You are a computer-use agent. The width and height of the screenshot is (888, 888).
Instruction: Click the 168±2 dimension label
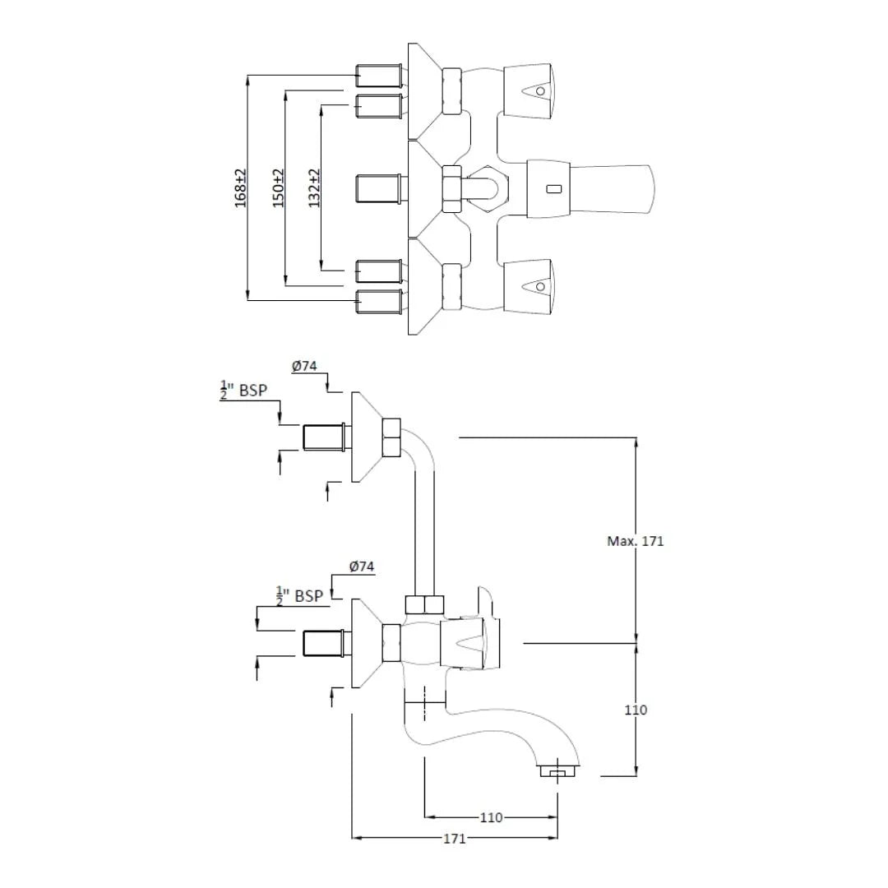coord(241,188)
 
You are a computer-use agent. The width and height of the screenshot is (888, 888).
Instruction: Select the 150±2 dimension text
coord(279,188)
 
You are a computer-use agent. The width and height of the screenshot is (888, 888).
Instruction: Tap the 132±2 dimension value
coord(315,188)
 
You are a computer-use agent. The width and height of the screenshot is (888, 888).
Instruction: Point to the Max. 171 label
coord(635,541)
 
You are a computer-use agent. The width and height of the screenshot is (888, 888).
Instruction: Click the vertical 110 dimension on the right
coord(636,710)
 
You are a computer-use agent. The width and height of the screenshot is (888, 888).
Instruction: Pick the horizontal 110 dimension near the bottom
coord(491,817)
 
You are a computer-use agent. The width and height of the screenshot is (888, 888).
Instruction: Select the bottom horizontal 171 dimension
coord(455,838)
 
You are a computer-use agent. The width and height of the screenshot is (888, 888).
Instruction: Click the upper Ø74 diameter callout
coord(304,367)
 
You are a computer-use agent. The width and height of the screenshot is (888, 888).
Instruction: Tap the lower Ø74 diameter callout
coord(361,567)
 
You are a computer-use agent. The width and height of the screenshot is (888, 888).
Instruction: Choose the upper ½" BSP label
coord(243,390)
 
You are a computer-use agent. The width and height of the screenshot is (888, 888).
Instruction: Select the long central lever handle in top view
coord(608,187)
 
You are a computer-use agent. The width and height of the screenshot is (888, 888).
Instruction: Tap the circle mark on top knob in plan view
coord(540,89)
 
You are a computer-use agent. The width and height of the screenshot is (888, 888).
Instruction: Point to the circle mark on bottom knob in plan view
coord(539,287)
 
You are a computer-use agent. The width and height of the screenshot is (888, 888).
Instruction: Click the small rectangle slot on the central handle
coord(556,190)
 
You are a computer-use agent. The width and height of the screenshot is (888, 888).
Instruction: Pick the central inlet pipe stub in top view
coord(379,188)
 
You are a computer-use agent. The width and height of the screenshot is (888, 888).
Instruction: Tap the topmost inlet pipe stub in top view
coord(379,76)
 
